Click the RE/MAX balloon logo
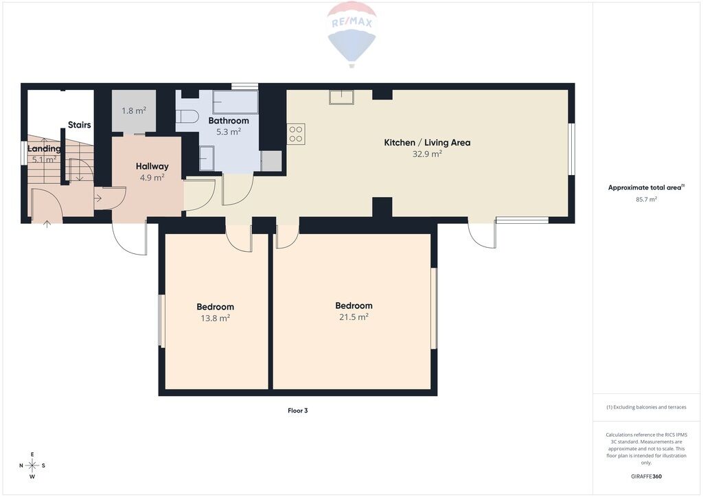pos(352,34)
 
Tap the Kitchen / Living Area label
pos(427,143)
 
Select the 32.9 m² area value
pos(427,154)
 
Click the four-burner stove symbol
pos(296,134)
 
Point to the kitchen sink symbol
pos(342,97)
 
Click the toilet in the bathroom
pos(187,117)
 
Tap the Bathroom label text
pos(229,121)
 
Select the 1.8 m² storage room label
pos(134,111)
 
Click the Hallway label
pos(152,166)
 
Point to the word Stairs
pos(80,124)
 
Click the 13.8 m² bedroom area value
pos(215,319)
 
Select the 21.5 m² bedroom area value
pos(354,317)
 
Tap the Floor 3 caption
pos(298,411)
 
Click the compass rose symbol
pos(32,465)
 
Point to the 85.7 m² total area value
pos(647,200)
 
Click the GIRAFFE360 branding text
pos(646,476)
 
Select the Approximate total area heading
pos(646,188)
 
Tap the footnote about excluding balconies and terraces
pos(646,407)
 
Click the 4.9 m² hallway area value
pos(152,178)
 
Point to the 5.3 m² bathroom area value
pos(229,132)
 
